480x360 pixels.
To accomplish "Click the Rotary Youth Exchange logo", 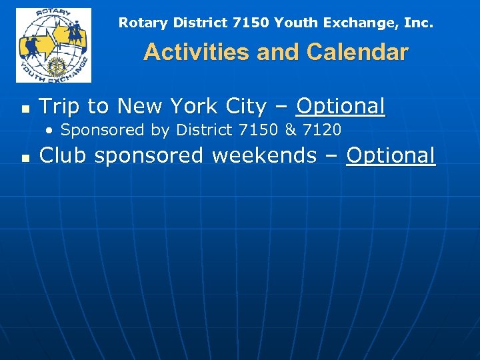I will pyautogui.click(x=53, y=45).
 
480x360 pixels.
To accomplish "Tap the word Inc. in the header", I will pyautogui.click(x=417, y=23).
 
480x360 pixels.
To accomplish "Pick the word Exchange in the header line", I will pyautogui.click(x=354, y=23).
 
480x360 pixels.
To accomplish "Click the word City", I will pyautogui.click(x=244, y=106).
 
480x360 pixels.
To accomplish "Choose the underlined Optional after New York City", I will pyautogui.click(x=341, y=106).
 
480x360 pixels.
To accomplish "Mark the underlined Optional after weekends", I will pyautogui.click(x=391, y=155).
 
